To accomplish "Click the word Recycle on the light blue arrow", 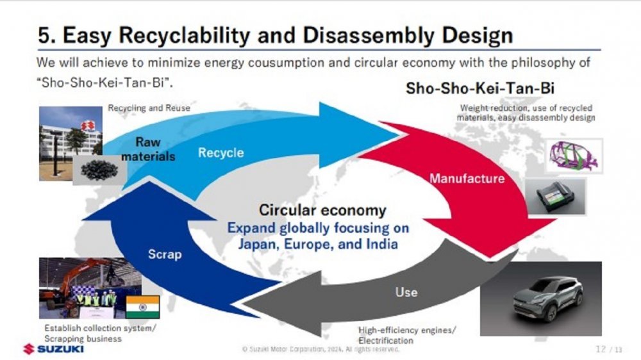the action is point(221,153).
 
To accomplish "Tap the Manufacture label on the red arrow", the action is point(467,179).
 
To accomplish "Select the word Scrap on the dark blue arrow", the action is point(165,254).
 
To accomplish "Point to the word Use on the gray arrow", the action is point(406,292).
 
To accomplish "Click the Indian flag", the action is point(143,307).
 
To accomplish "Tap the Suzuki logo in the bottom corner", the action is point(54,349).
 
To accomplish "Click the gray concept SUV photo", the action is point(541,299).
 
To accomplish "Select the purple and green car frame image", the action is point(574,156).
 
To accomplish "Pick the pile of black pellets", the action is point(99,170).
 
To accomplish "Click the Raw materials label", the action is point(148,149).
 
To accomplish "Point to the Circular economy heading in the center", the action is point(322,211).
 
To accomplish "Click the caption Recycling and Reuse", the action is point(149,108).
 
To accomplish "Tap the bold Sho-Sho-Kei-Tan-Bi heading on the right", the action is point(480,88).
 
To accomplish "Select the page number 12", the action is point(601,349).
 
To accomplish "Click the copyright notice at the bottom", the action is point(320,349).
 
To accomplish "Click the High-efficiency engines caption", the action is point(407,335).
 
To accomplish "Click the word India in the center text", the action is point(381,244).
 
